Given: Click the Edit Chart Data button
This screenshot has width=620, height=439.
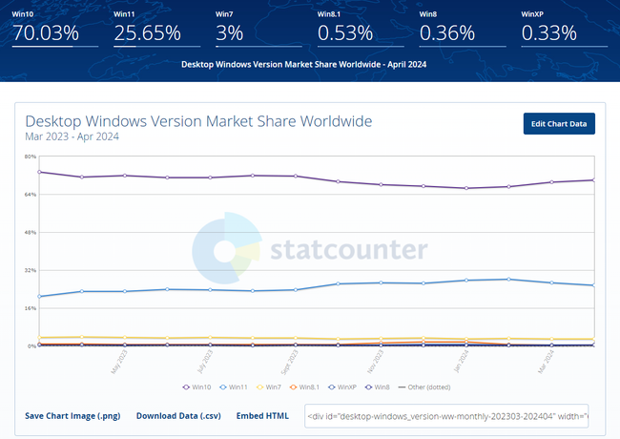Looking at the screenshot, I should click(558, 124).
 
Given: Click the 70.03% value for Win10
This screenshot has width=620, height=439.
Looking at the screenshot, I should click(44, 33).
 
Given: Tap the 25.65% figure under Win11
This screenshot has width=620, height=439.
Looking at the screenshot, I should click(147, 33).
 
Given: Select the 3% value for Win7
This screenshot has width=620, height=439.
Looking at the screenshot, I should click(230, 33).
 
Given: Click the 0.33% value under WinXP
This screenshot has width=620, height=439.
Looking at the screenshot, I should click(548, 33).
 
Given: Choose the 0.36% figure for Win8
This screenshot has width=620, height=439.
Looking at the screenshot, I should click(447, 33).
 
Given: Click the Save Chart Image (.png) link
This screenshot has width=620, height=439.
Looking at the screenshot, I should click(72, 416).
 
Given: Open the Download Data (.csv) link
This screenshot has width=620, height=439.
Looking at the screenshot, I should click(179, 416).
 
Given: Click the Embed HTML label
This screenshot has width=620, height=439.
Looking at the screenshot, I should click(262, 416).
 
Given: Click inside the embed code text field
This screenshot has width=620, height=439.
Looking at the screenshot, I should click(446, 416).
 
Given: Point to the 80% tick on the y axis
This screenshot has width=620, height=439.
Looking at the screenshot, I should click(31, 157).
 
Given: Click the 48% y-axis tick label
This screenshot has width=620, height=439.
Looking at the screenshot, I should click(31, 232).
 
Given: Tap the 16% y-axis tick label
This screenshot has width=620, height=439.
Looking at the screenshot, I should click(31, 308).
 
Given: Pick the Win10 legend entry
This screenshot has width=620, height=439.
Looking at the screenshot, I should click(196, 387).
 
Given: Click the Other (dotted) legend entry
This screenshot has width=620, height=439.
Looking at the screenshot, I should click(426, 387).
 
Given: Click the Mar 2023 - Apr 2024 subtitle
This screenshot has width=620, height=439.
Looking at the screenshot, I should click(72, 137).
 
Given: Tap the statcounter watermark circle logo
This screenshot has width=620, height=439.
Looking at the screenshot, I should click(225, 250).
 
